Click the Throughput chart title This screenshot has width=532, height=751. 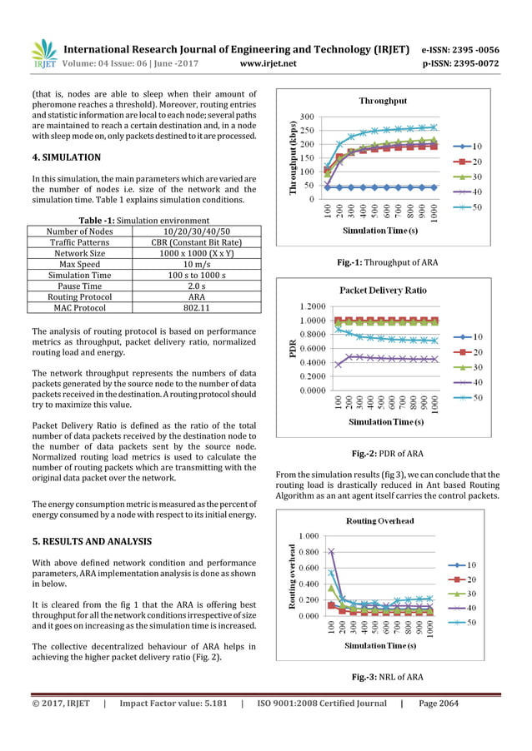click(383, 101)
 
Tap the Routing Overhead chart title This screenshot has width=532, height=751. click(384, 520)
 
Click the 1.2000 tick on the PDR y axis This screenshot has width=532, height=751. click(309, 306)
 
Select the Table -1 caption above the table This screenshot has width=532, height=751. click(143, 220)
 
